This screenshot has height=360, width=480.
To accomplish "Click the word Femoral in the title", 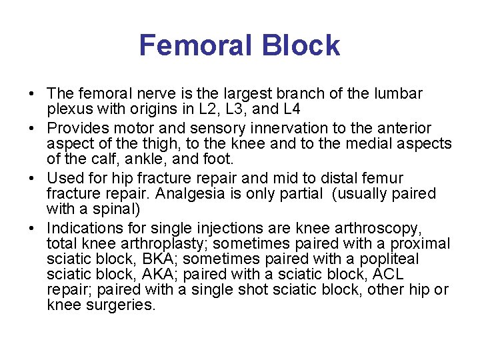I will [195, 45].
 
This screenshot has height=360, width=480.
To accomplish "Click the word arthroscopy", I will [381, 228].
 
